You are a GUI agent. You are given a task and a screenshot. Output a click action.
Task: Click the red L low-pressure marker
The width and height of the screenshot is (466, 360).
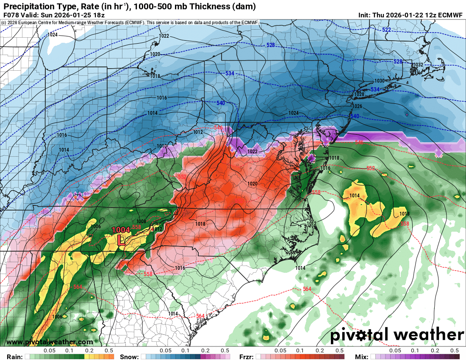click(x=121, y=240)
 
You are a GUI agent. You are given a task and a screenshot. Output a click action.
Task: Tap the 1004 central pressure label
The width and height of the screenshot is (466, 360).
click(x=121, y=230)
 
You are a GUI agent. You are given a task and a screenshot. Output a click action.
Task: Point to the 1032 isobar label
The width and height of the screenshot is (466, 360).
click(x=418, y=65)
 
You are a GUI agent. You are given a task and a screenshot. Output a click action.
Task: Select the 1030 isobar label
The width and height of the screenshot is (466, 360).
click(x=379, y=81)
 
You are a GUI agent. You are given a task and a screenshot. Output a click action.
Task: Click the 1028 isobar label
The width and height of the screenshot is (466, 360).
click(x=359, y=94)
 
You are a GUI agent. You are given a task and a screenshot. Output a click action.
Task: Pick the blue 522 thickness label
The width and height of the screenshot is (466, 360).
click(x=386, y=30)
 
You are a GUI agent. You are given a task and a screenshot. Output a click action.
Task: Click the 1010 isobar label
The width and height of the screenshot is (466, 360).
click(x=162, y=146)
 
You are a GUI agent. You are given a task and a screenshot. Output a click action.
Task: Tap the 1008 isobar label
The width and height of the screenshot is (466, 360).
click(x=141, y=221)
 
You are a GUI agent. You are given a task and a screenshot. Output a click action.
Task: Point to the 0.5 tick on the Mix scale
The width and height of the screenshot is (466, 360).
click(x=455, y=351)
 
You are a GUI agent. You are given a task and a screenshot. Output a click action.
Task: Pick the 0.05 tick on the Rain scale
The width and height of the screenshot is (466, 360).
click(x=50, y=351)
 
